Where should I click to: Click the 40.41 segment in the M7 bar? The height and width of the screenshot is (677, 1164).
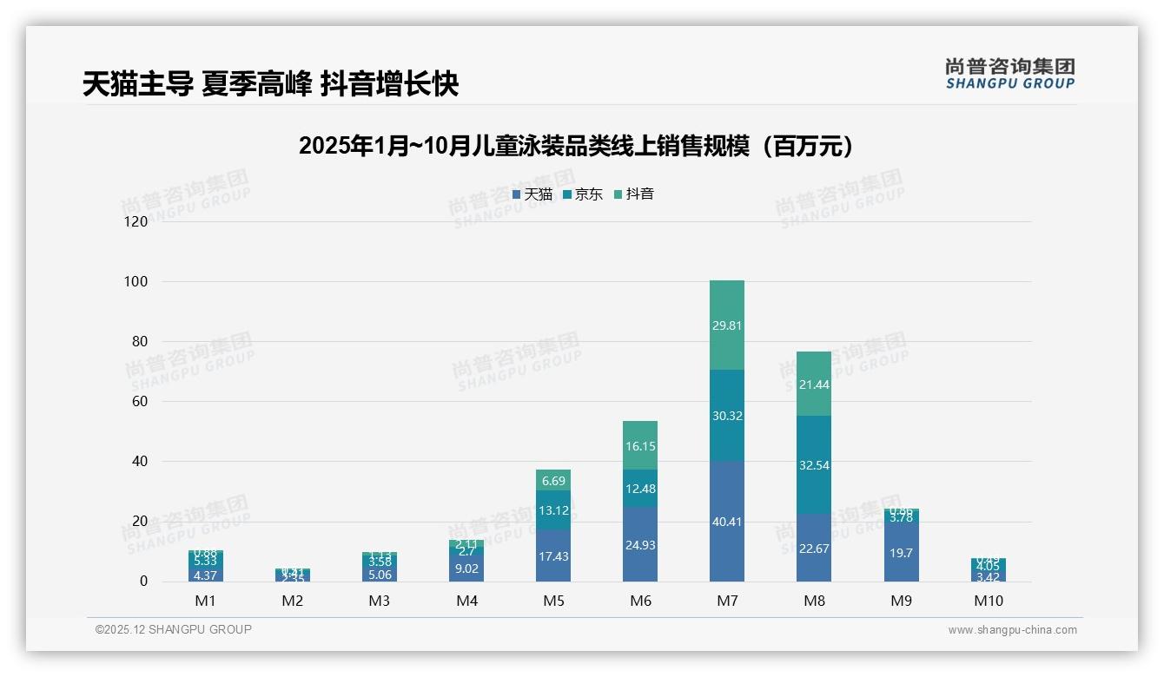(x=726, y=521)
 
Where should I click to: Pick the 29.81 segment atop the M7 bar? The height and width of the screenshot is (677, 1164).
(x=726, y=325)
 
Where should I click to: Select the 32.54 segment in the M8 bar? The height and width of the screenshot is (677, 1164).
(x=813, y=464)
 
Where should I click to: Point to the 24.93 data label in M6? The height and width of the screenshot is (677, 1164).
(x=639, y=545)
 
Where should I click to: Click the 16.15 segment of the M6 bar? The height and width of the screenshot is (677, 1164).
(x=639, y=445)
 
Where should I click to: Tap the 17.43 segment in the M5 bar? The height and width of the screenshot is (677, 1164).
(x=552, y=555)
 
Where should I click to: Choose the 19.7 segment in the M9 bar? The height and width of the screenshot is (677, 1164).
(x=901, y=552)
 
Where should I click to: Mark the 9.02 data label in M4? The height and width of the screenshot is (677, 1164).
(x=466, y=569)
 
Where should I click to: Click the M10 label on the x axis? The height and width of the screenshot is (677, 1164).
(x=988, y=601)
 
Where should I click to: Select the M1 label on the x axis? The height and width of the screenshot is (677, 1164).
(x=205, y=601)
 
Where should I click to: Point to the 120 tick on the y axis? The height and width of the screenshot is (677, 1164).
(x=136, y=221)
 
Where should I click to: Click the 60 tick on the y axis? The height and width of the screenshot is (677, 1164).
(x=139, y=402)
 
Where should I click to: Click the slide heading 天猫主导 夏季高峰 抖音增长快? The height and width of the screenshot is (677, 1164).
(x=270, y=84)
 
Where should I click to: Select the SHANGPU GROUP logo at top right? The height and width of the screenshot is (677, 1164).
(x=1009, y=74)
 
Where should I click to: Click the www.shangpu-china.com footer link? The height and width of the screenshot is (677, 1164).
(x=1012, y=630)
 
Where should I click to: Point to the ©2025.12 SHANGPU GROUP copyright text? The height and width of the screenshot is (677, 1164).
(x=174, y=629)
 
